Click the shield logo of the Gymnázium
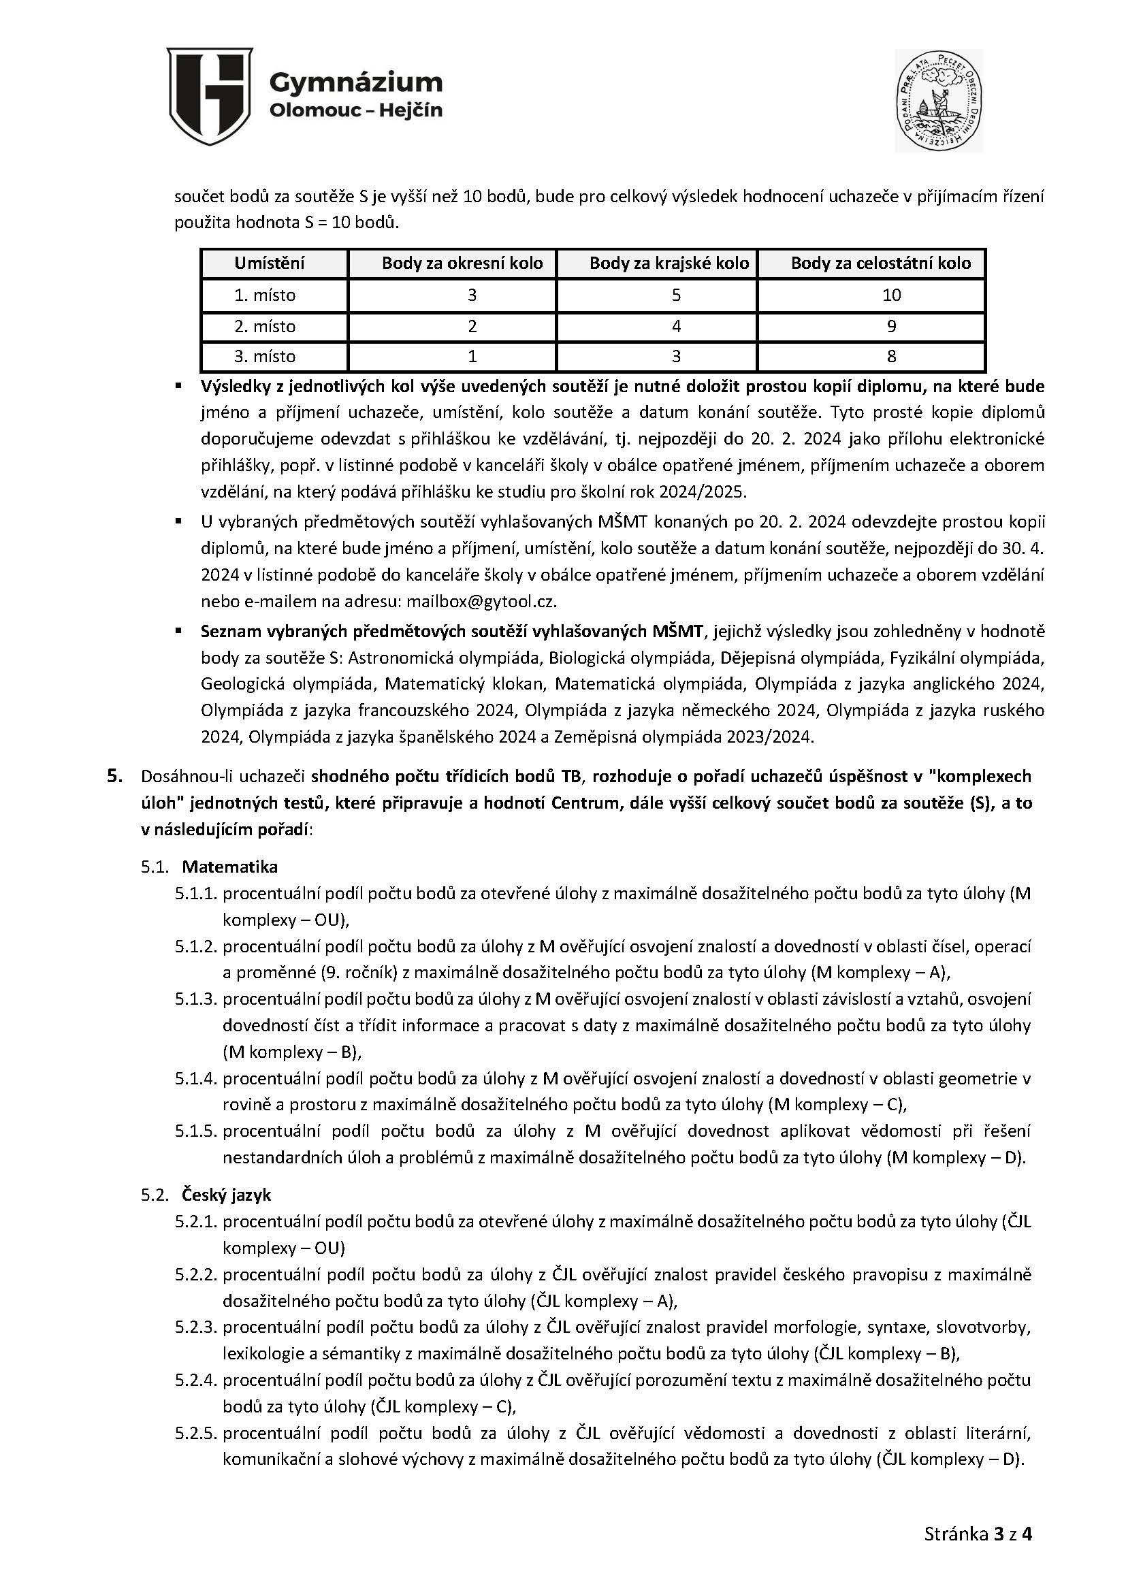point(210,97)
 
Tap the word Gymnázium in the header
point(355,82)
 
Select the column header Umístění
point(269,263)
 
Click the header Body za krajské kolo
point(669,263)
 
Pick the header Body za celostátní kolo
point(880,263)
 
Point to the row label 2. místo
point(264,327)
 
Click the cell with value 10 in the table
point(891,295)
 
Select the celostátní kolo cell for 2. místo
point(891,327)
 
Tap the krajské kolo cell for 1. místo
point(676,295)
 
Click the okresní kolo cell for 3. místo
point(472,356)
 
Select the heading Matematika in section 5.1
point(229,867)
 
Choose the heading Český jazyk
point(226,1195)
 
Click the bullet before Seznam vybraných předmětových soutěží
point(178,631)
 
